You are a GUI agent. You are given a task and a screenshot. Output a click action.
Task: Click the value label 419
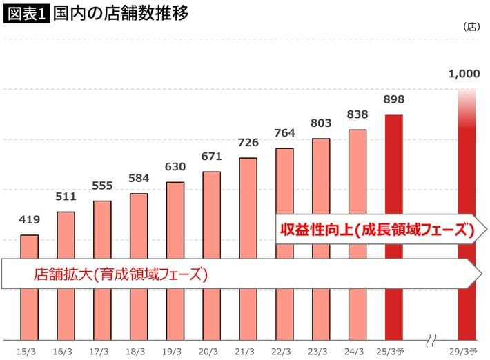click(30, 221)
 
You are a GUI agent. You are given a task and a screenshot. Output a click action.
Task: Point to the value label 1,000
click(463, 74)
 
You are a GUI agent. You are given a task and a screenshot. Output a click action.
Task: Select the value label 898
click(393, 100)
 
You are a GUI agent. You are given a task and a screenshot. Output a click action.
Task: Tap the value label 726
click(248, 143)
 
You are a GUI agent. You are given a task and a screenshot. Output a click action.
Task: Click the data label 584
click(139, 179)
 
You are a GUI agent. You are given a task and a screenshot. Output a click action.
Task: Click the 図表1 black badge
click(27, 14)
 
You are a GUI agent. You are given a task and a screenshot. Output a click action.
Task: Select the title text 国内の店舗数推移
click(119, 14)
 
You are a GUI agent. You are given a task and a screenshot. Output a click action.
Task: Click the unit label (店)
click(470, 27)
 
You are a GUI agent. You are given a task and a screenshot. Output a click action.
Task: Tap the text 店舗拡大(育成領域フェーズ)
click(121, 274)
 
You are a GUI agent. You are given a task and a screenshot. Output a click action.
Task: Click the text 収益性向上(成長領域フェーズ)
click(377, 231)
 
